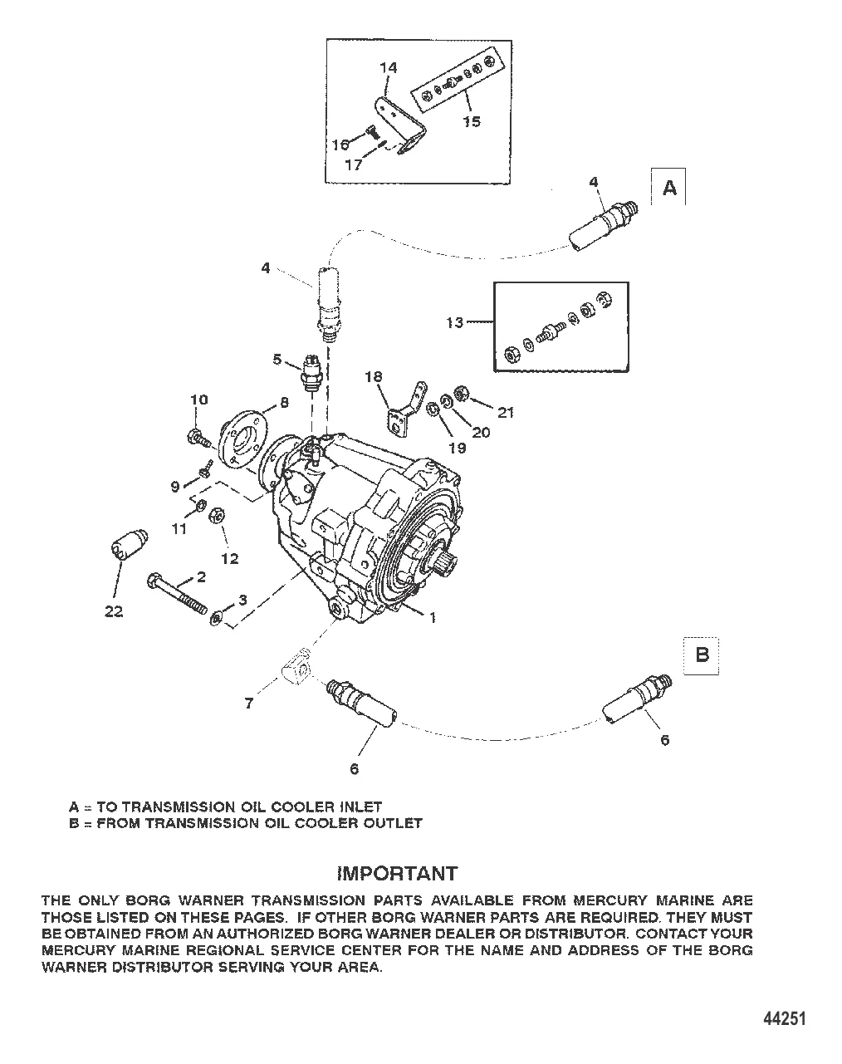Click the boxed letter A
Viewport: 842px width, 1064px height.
[668, 189]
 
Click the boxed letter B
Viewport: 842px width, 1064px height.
[702, 655]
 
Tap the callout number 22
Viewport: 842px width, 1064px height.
[114, 611]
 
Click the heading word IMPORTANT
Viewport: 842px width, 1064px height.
[397, 873]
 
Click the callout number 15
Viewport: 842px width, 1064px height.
[471, 121]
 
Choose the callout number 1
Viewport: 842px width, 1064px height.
[432, 617]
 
